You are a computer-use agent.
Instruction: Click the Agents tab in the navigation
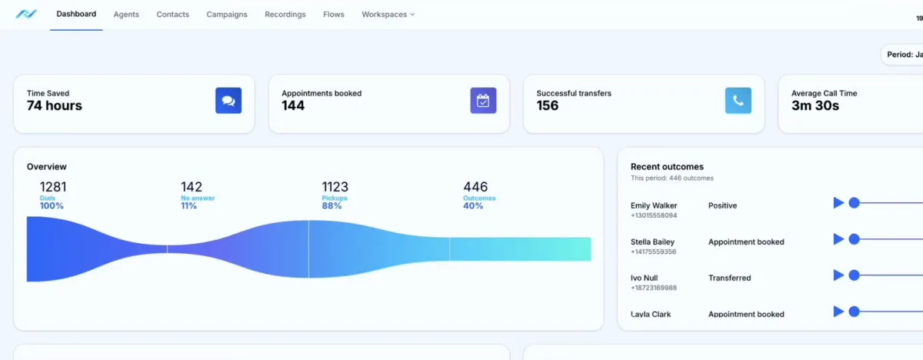(126, 15)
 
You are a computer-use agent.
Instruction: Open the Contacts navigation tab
(172, 15)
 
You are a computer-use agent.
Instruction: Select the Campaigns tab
(227, 15)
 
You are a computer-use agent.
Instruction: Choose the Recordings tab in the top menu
(285, 15)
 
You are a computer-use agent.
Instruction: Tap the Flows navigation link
(334, 15)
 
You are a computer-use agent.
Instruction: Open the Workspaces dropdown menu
(388, 15)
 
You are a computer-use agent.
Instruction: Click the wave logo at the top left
(26, 15)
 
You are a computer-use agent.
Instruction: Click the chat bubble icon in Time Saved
(228, 101)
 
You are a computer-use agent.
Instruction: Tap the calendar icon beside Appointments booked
(483, 101)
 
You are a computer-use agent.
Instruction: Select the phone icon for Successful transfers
(738, 101)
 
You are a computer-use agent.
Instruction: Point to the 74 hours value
(55, 106)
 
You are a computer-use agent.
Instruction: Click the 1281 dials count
(54, 187)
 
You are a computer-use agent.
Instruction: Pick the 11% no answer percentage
(189, 206)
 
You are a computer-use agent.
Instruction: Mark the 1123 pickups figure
(335, 187)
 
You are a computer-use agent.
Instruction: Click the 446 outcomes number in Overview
(475, 187)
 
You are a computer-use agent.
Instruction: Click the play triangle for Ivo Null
(838, 275)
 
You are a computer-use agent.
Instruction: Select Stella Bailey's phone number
(654, 252)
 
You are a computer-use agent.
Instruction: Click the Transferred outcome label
(729, 278)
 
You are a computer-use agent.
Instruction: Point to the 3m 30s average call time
(815, 106)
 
